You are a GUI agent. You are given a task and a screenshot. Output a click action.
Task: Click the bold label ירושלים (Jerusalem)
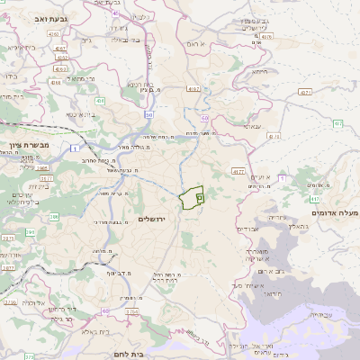[154, 219]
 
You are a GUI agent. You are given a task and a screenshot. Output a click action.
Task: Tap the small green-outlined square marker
[200, 193]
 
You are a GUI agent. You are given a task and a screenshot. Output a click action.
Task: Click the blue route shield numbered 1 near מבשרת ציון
[76, 148]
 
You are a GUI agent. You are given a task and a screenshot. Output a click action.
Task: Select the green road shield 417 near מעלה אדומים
[313, 198]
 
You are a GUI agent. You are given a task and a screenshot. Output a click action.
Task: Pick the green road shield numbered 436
[101, 101]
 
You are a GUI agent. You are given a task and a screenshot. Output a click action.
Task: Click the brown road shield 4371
[305, 92]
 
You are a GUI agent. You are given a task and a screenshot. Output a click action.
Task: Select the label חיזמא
[260, 70]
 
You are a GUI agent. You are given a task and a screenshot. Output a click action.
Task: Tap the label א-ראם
[198, 43]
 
